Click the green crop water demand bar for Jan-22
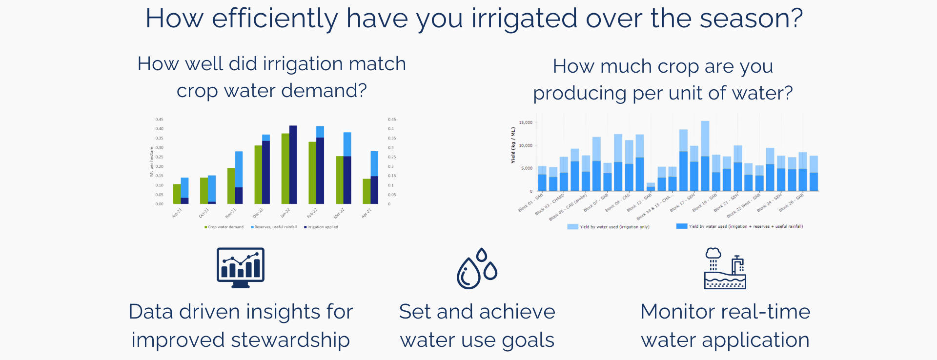285,168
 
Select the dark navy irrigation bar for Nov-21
239,195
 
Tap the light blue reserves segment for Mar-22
347,144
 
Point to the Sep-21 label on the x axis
177,213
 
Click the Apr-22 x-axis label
367,213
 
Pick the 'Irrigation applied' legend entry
322,227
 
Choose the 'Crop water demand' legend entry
225,227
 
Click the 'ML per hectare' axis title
151,161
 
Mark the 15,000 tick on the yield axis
525,122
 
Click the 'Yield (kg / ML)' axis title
513,145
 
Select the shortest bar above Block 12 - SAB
651,187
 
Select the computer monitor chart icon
241,267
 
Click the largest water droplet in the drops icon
469,274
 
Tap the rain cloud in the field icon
713,253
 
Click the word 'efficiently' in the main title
275,19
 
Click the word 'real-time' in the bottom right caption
765,312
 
